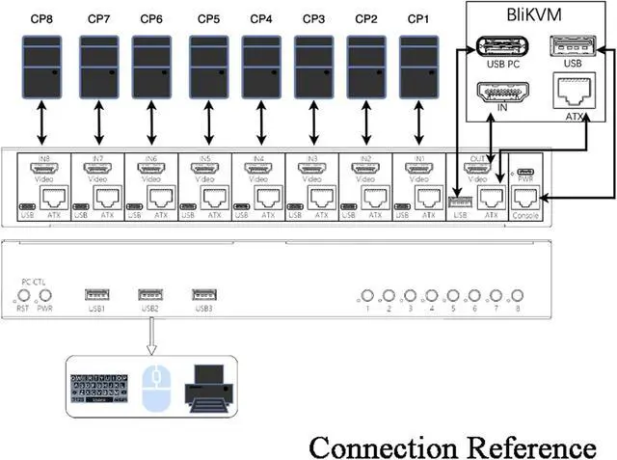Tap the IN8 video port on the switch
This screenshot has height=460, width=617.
(42, 168)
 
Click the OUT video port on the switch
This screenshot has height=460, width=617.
(475, 168)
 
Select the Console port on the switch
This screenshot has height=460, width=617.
(526, 197)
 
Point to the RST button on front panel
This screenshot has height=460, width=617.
(22, 295)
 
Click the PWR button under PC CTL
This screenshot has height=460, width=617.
(43, 295)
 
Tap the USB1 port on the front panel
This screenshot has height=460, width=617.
(96, 294)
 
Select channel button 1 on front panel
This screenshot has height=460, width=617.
(366, 296)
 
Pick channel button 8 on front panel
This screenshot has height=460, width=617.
(518, 296)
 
